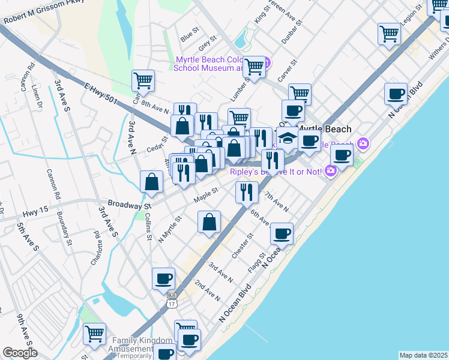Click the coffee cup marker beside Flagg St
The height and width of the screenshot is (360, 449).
click(x=282, y=233)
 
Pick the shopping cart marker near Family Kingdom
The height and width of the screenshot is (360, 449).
click(x=94, y=334)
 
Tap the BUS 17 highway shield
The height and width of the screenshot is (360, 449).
click(x=172, y=299)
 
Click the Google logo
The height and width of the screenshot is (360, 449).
click(x=20, y=353)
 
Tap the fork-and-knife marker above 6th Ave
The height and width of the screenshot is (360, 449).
click(x=247, y=193)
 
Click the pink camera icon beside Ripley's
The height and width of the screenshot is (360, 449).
click(x=330, y=172)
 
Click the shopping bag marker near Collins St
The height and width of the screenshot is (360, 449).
click(x=152, y=182)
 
